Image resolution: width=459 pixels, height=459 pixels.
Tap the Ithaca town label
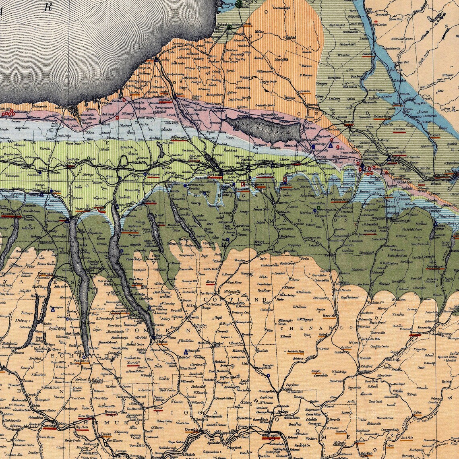coord(162,342)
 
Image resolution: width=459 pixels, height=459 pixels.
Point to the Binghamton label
coord(270,436)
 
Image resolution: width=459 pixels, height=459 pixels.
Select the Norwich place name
coord(329,316)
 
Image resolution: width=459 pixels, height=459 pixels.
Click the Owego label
coord(191,430)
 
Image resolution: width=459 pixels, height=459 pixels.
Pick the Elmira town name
coord(106,435)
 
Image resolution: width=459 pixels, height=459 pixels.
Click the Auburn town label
coord(150,200)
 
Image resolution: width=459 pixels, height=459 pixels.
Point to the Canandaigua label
coord(11,213)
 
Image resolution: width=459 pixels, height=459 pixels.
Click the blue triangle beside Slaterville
coord(186,351)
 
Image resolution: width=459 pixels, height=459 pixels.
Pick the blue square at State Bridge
coord(313,147)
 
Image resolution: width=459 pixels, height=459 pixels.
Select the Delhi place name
coord(446,381)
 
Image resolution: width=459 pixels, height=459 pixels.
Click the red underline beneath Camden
coord(305,93)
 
